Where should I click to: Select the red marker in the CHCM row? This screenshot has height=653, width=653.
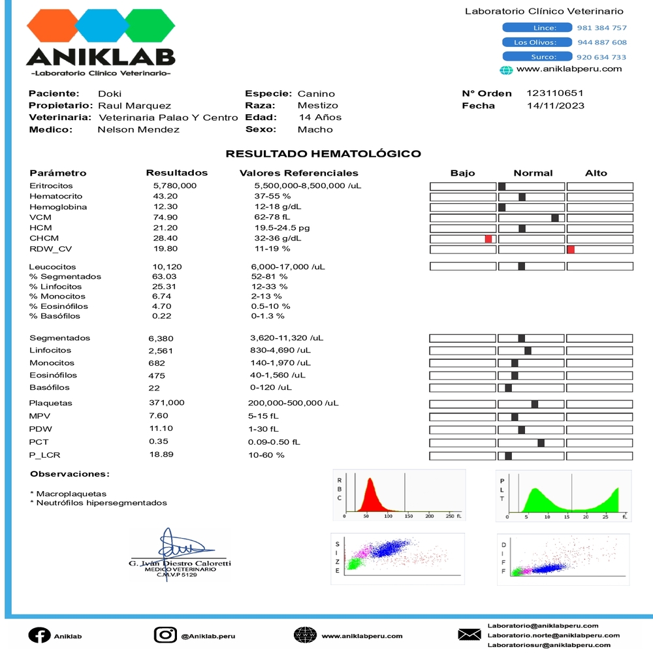[488, 239]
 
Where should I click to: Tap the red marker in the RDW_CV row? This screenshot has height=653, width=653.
[571, 249]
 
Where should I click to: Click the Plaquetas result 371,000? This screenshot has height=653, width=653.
[167, 403]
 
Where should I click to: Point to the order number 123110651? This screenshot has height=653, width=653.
[555, 93]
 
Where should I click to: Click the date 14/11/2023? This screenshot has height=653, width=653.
[555, 106]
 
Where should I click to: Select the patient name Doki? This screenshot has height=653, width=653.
[110, 93]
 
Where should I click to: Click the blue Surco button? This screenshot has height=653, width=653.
[537, 57]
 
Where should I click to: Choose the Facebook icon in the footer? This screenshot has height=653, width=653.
[39, 635]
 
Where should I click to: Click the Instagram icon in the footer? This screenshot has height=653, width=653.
[165, 635]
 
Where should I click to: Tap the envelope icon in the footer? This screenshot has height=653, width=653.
[470, 635]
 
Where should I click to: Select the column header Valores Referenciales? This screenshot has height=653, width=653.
[299, 173]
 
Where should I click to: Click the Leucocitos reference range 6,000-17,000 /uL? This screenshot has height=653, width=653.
[288, 266]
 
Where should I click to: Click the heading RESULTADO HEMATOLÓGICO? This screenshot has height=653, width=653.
[323, 154]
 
